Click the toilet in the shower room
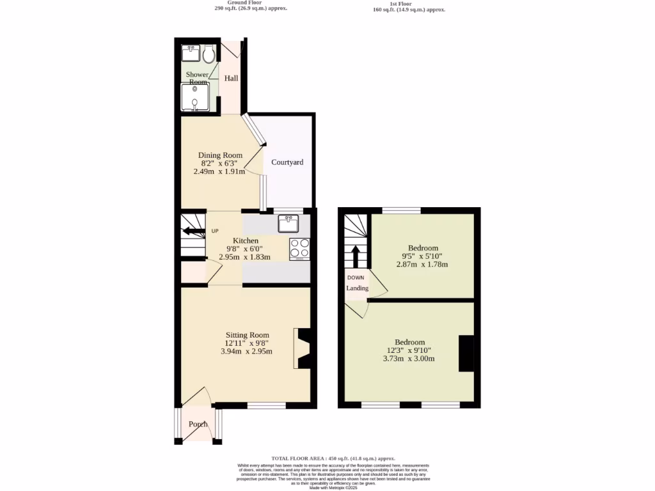(x=209, y=55)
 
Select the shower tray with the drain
(x=194, y=99)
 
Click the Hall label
(x=231, y=79)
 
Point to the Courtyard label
(x=287, y=162)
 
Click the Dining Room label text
(x=220, y=155)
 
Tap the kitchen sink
(x=288, y=224)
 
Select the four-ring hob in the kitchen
(x=300, y=249)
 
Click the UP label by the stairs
(x=215, y=231)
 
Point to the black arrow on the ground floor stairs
(x=192, y=231)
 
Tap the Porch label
(x=198, y=425)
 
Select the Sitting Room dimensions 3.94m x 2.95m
(x=247, y=351)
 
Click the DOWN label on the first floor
(x=356, y=277)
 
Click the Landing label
(x=358, y=288)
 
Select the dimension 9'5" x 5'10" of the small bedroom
(x=422, y=256)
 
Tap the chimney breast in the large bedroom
(x=466, y=353)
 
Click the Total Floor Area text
(x=333, y=458)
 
